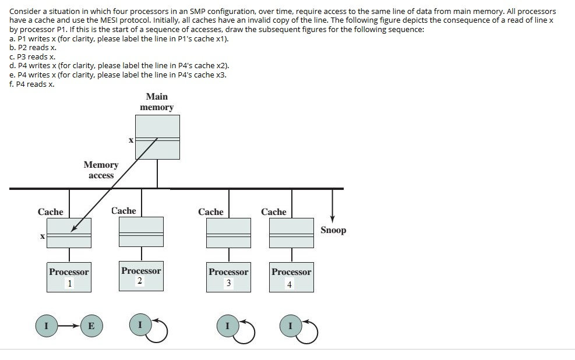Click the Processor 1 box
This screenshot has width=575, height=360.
pos(69,277)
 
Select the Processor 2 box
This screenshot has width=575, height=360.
pos(141,276)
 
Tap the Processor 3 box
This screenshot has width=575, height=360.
pos(228,277)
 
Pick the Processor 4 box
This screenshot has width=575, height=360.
pos(291,277)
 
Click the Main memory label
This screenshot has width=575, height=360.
pos(157,102)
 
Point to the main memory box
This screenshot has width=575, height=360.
pos(157,137)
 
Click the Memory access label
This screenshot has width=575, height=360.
pos(101,170)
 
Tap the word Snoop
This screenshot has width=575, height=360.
pos(333,230)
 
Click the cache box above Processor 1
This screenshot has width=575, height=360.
pos(69,232)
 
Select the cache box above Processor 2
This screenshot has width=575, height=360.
pos(141,231)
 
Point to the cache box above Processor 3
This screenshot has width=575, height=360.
pos(228,232)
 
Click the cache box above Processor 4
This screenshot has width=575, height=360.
pos(291,232)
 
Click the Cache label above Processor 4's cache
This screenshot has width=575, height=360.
pos(274,212)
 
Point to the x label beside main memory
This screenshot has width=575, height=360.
pos(130,140)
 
